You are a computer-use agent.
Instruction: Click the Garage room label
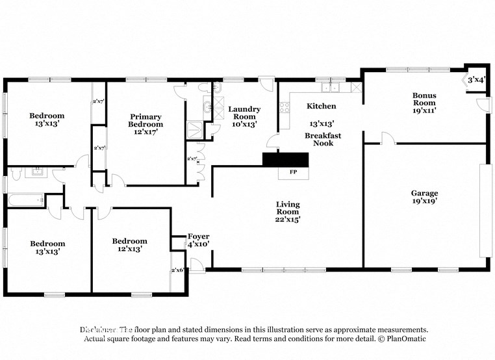click(x=424, y=193)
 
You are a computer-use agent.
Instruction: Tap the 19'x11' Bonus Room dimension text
click(x=424, y=110)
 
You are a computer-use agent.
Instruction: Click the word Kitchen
click(x=322, y=106)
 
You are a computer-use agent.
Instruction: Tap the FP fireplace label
click(x=285, y=173)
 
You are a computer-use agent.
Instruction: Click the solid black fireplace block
click(x=285, y=160)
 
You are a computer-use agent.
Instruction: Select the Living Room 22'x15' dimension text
click(x=287, y=220)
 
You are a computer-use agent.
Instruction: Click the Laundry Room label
click(x=244, y=113)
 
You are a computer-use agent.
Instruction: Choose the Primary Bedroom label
click(x=146, y=121)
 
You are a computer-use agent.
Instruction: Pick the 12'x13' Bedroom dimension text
click(x=129, y=249)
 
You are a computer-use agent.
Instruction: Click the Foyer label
click(x=198, y=236)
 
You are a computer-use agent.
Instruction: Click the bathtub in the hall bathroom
click(x=25, y=200)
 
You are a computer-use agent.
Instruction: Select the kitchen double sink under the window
click(x=336, y=88)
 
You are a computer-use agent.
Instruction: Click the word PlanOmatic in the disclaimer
click(x=405, y=339)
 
